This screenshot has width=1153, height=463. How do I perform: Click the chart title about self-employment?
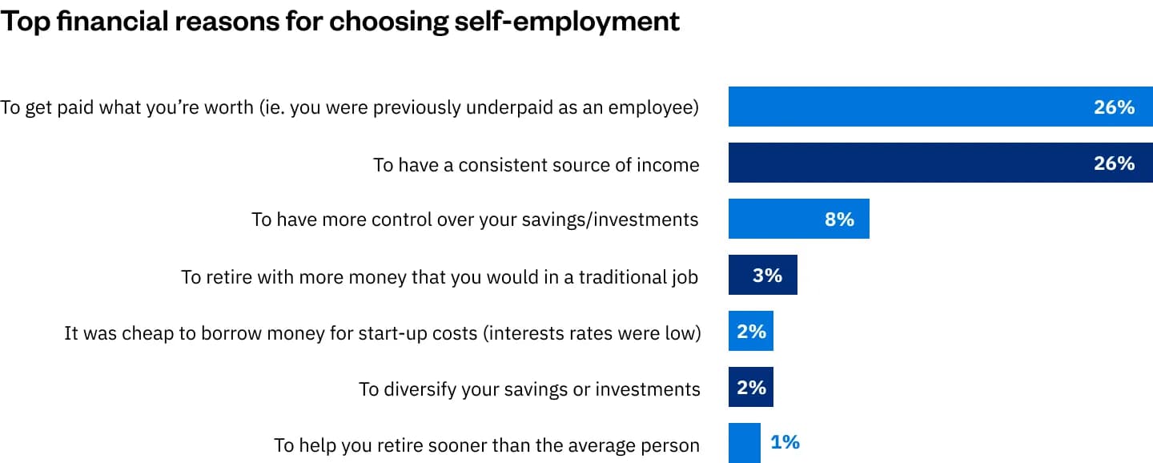pos(339,22)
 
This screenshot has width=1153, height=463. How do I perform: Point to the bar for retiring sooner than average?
pos(744,443)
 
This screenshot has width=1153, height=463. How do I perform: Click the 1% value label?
pos(785,442)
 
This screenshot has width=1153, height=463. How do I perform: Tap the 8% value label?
pos(839,219)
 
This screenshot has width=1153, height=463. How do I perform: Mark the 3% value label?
pos(767,275)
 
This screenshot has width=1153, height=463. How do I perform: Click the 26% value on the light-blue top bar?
pos(1114,107)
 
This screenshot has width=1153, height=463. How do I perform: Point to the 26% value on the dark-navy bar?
pos(1114,163)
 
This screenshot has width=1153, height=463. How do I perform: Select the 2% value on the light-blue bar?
pos(751,331)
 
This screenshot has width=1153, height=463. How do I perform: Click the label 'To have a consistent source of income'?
pos(536,164)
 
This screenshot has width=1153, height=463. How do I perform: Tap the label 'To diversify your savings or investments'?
pos(529,389)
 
